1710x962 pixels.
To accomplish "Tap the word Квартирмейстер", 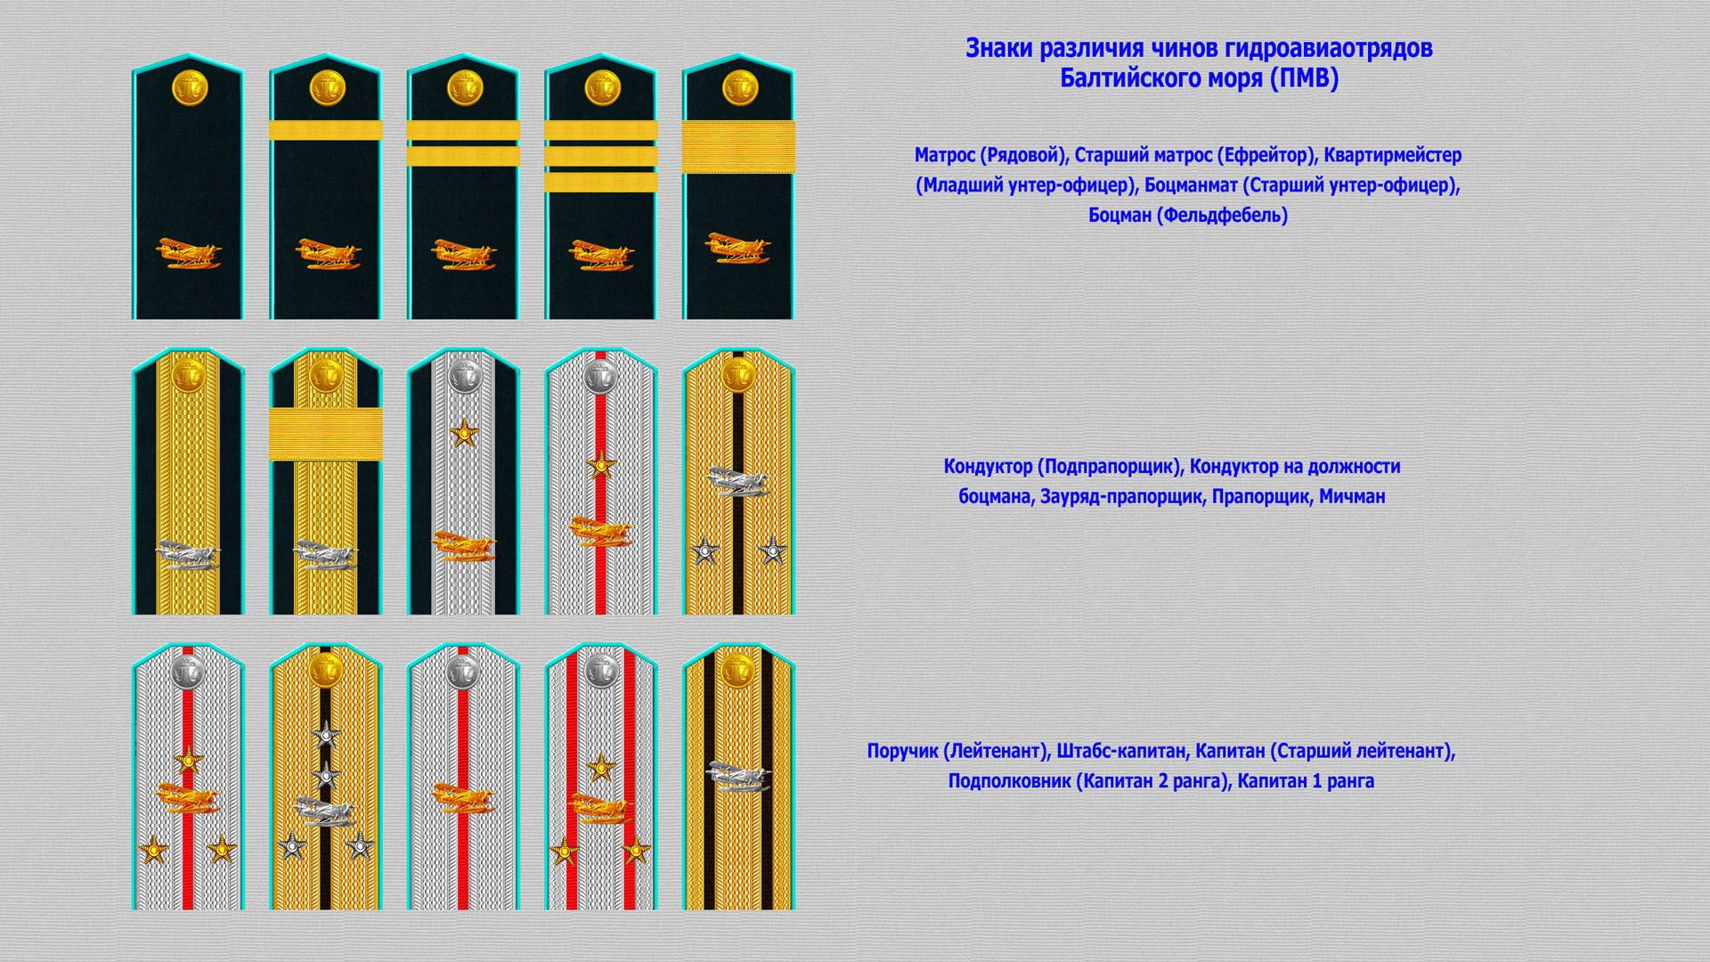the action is click(x=1393, y=155).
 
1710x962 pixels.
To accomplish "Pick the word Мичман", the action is click(x=1352, y=497).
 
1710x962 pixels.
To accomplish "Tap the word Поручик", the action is click(x=902, y=751).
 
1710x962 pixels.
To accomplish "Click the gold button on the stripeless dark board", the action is click(x=189, y=87).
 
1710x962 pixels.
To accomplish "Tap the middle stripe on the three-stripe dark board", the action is click(x=601, y=156).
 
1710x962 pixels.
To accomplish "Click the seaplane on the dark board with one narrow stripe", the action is click(x=326, y=254).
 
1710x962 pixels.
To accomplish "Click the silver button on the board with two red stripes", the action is click(x=601, y=670).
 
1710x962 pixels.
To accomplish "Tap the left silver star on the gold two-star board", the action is click(x=705, y=551).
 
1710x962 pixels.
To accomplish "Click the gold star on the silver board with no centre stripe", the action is click(x=463, y=435).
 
